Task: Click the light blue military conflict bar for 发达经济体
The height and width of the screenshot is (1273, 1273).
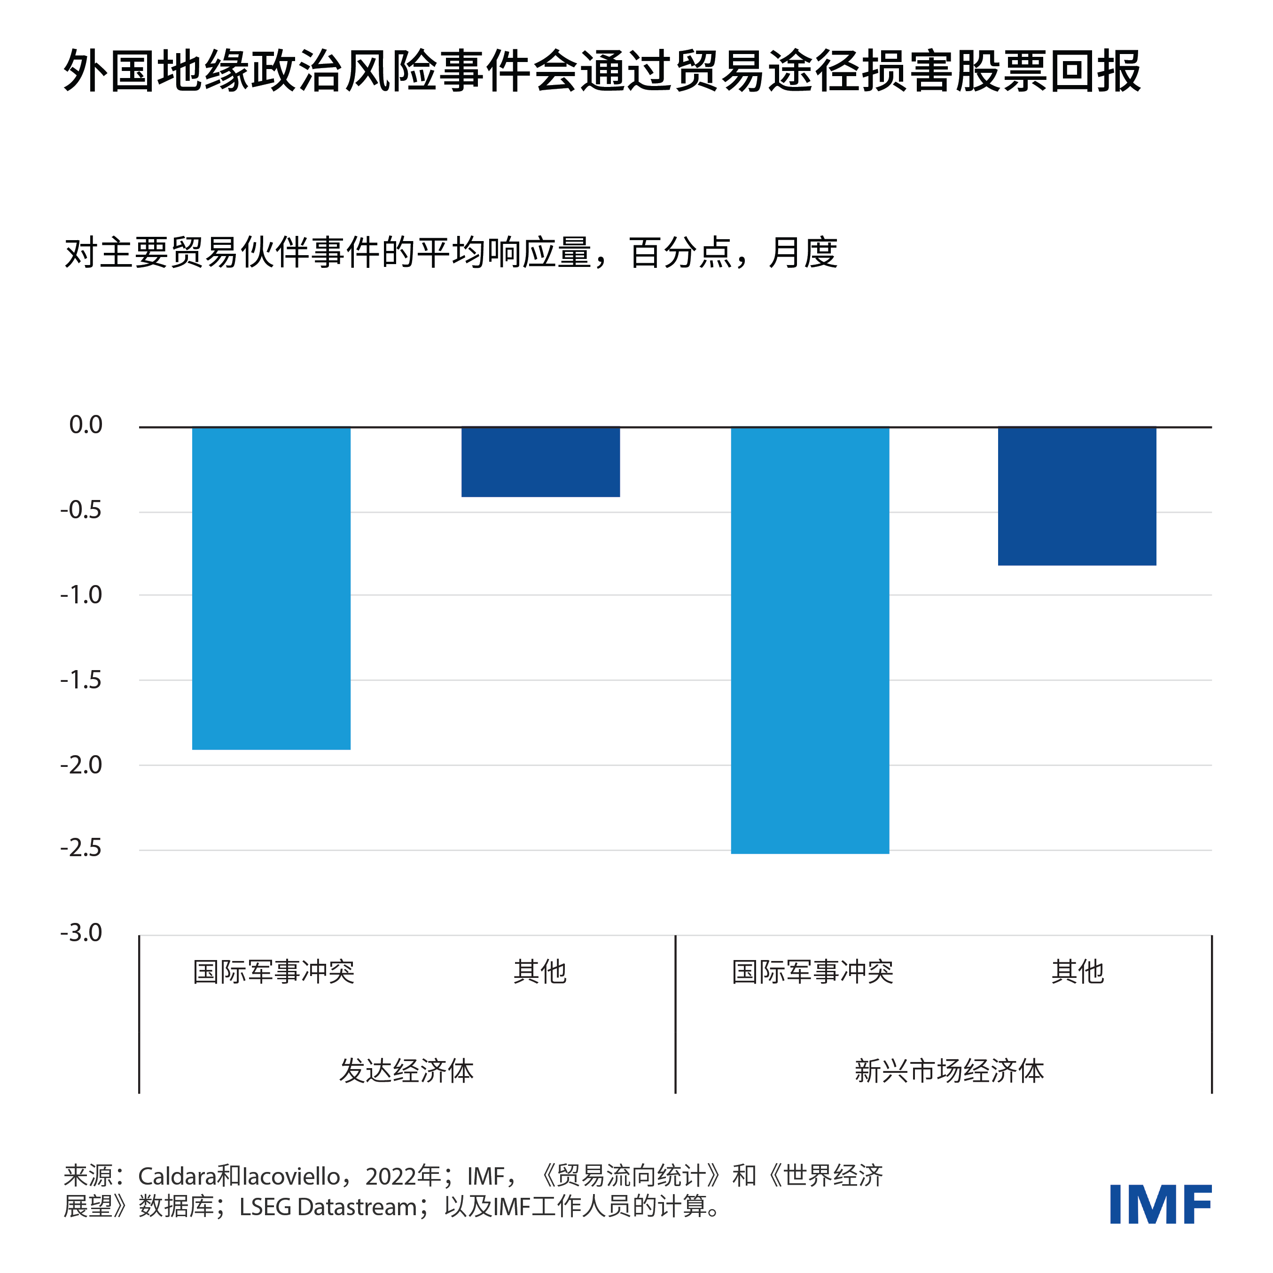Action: click(271, 588)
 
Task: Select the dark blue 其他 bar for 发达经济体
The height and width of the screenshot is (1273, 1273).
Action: click(540, 462)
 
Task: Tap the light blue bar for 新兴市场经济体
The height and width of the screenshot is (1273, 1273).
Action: click(810, 640)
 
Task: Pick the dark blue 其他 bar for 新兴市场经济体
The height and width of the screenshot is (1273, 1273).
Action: click(1077, 496)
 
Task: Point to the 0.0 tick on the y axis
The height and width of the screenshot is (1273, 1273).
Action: click(86, 425)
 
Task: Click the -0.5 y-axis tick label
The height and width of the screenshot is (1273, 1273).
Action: click(81, 510)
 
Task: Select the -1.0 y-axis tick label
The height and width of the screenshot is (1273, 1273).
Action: click(81, 595)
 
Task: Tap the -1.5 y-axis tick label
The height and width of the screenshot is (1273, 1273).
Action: click(81, 679)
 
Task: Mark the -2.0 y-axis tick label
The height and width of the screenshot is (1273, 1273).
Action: click(81, 765)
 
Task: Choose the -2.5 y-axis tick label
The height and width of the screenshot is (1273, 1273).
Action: click(81, 848)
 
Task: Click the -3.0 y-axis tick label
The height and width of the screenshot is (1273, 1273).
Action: click(81, 933)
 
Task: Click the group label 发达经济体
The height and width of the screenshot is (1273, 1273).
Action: click(406, 1071)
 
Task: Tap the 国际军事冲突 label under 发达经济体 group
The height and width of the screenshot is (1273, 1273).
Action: click(273, 972)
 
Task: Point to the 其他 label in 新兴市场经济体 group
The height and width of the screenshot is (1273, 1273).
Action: click(1078, 972)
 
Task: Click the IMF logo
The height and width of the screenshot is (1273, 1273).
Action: click(1160, 1204)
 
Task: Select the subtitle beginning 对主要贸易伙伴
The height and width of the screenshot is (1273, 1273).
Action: click(451, 253)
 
